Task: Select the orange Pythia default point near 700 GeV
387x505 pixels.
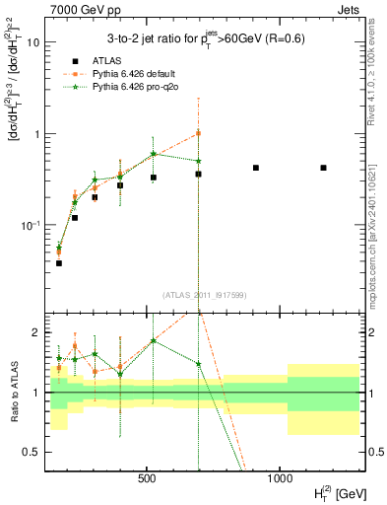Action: pyautogui.click(x=198, y=133)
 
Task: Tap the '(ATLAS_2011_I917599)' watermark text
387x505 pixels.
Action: pyautogui.click(x=204, y=294)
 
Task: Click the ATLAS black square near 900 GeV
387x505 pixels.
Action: pyautogui.click(x=256, y=168)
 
